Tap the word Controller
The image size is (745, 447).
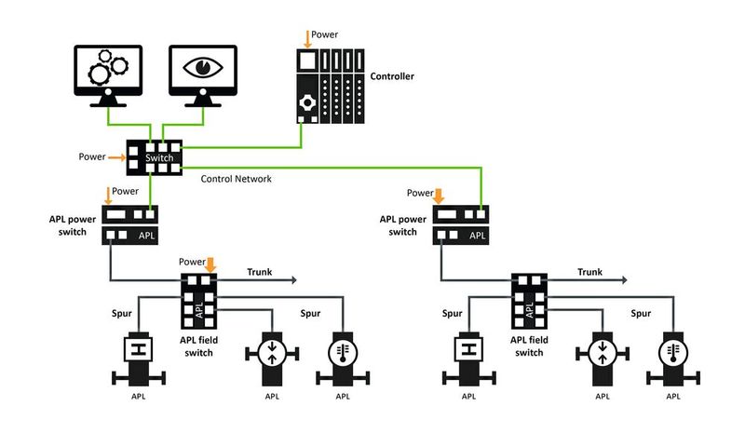pyautogui.click(x=392, y=76)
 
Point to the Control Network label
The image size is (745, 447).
pyautogui.click(x=237, y=179)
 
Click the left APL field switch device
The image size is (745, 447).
pyautogui.click(x=197, y=300)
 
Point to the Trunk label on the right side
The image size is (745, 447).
pyautogui.click(x=590, y=272)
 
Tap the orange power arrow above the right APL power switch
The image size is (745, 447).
pyautogui.click(x=440, y=195)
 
